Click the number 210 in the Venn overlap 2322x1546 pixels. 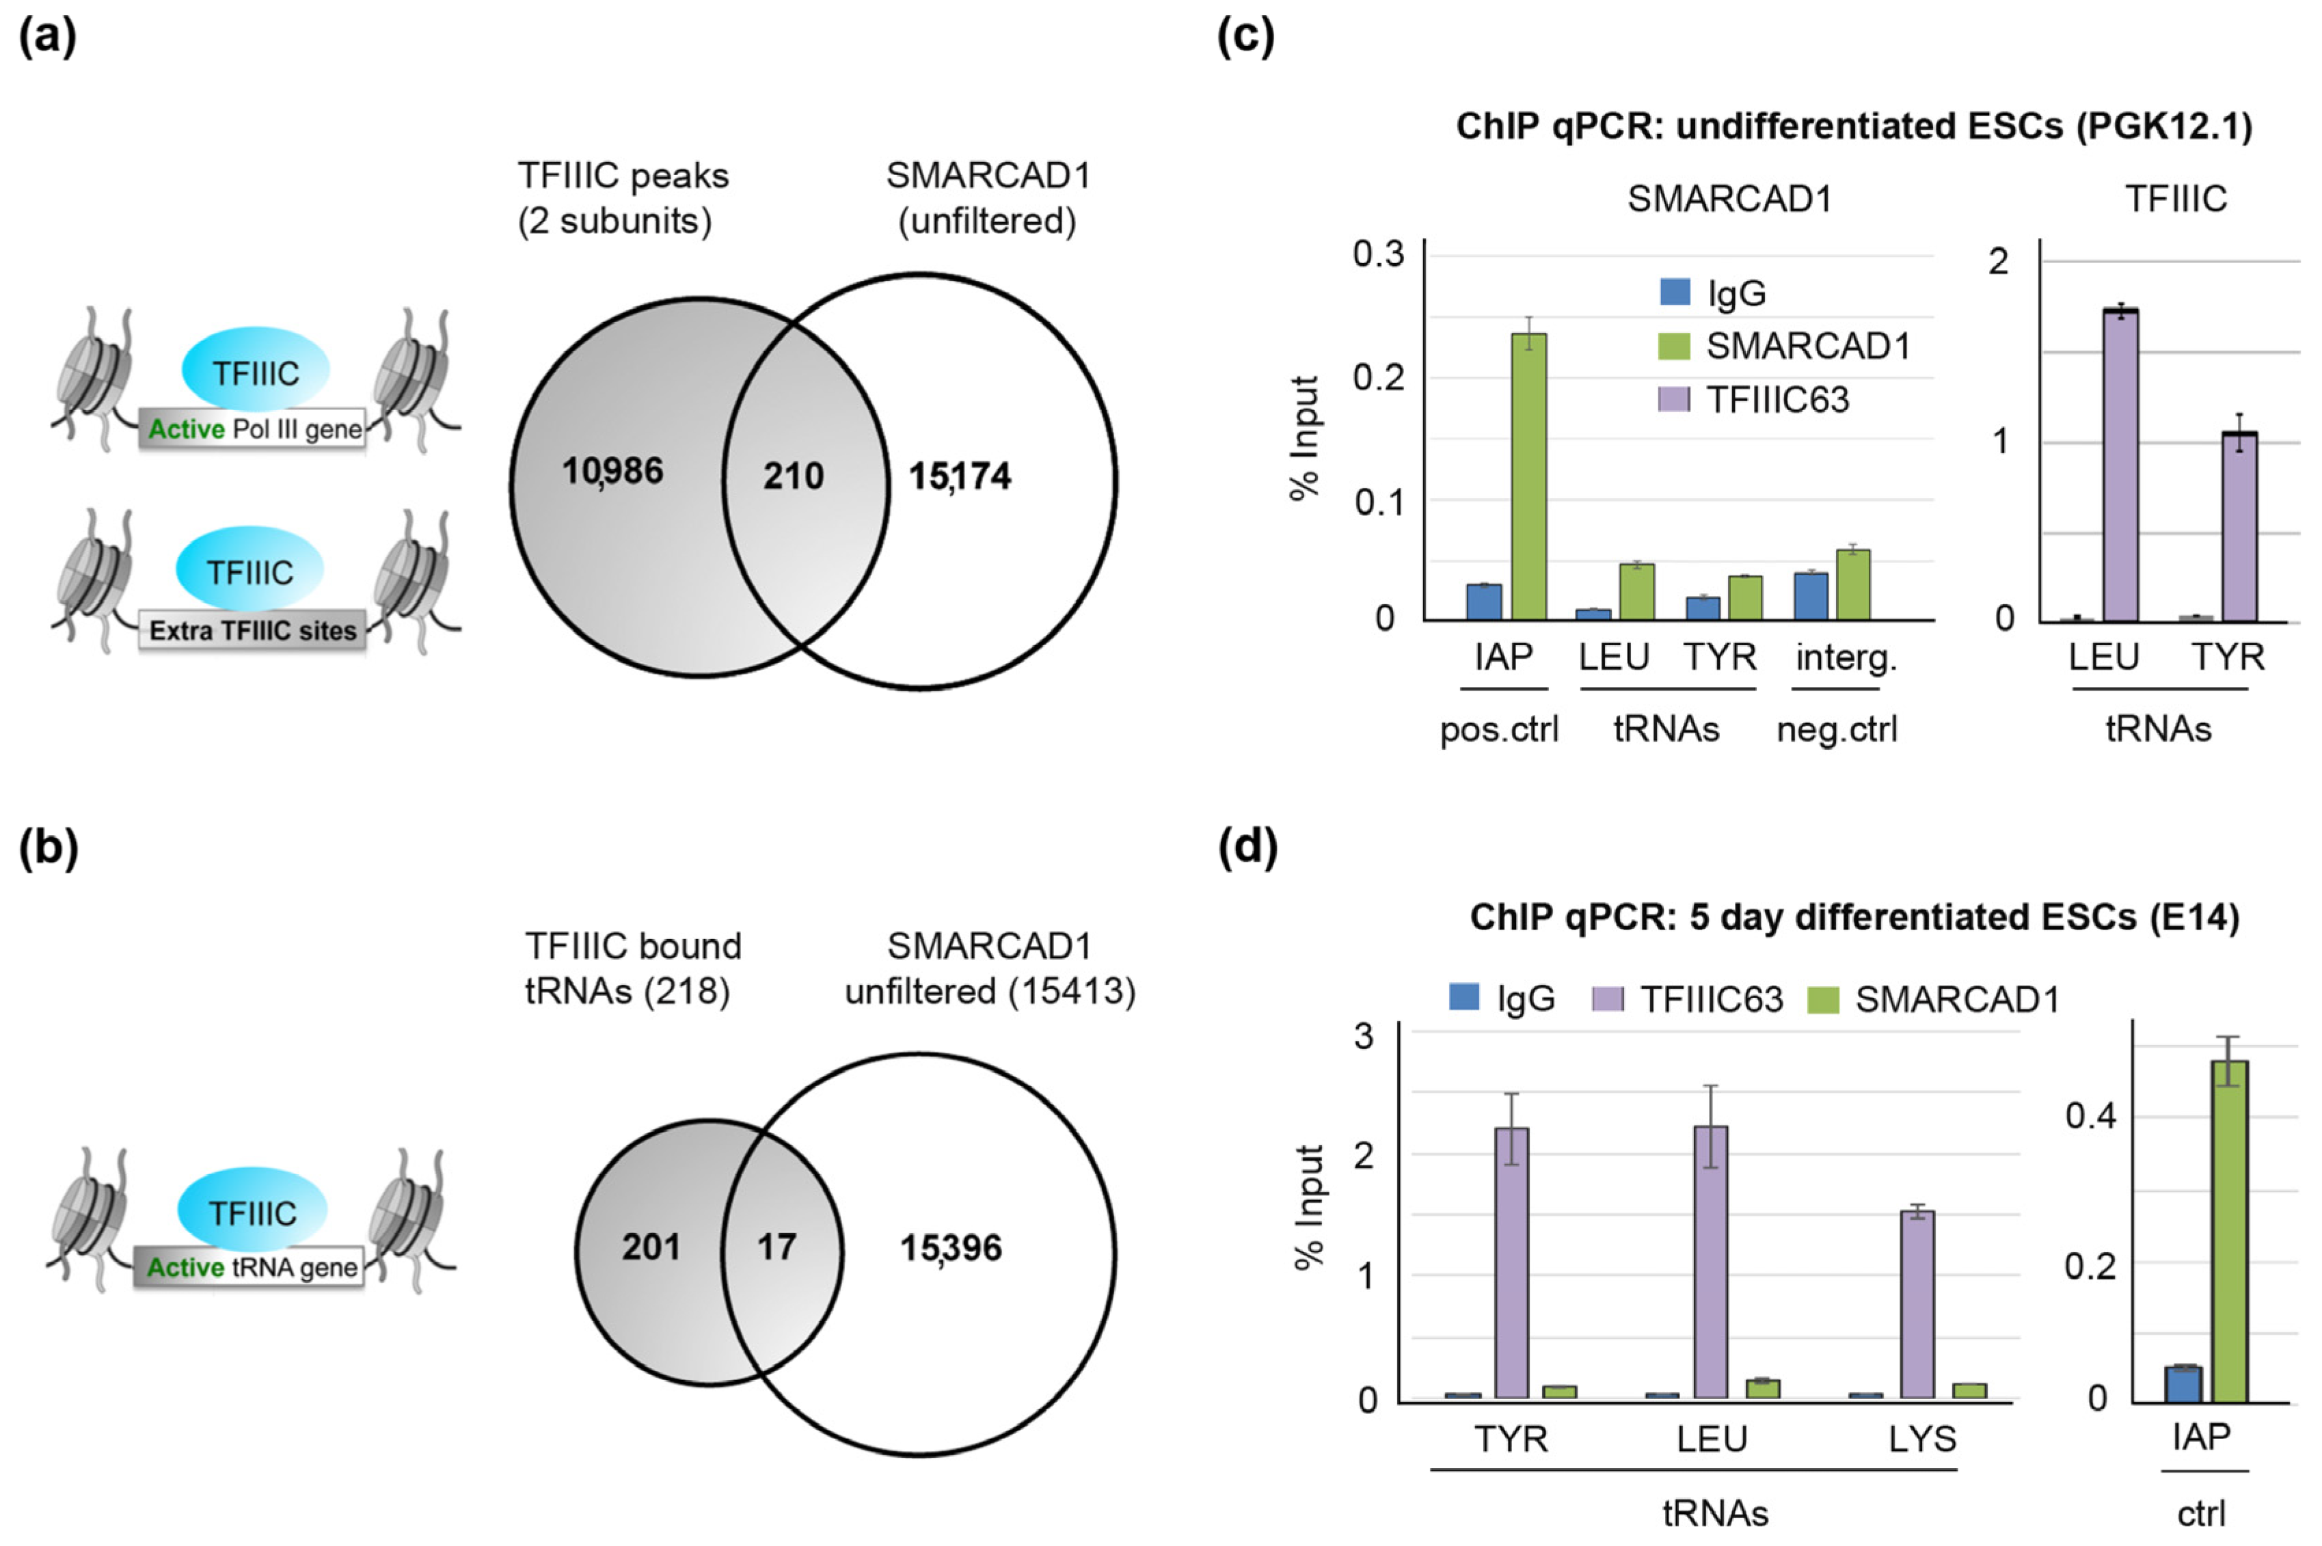793,476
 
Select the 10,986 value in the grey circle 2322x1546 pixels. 612,472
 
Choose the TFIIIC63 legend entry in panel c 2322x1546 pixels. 1755,399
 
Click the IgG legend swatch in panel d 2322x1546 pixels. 1464,998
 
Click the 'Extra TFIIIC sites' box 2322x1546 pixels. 252,631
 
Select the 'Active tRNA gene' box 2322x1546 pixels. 250,1267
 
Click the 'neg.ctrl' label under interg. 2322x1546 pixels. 1836,730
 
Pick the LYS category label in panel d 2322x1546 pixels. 1921,1439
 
